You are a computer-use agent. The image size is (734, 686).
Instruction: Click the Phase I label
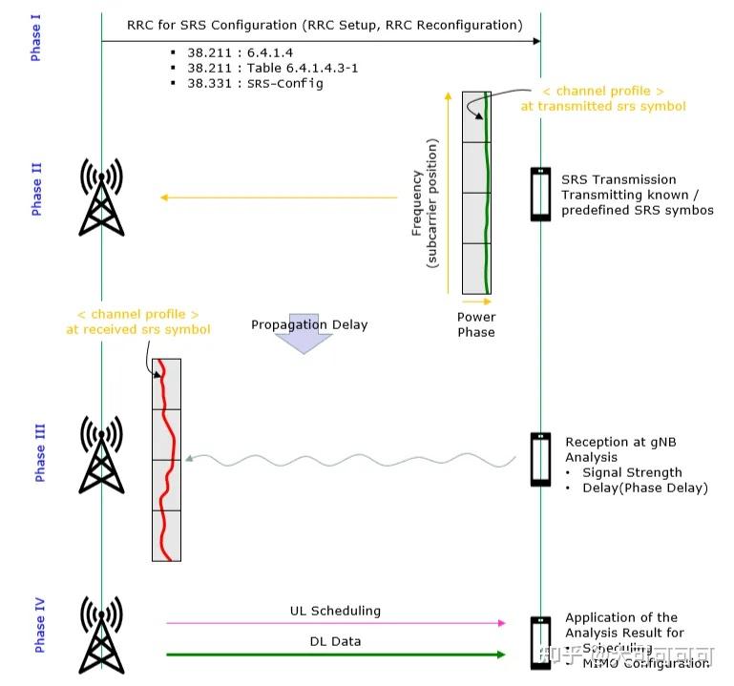coord(36,39)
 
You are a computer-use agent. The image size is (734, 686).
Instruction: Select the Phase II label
coord(36,189)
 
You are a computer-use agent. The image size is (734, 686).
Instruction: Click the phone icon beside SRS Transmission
coord(540,194)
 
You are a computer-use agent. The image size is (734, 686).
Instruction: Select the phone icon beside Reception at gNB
coord(540,460)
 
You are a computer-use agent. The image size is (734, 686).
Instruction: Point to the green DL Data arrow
coord(335,655)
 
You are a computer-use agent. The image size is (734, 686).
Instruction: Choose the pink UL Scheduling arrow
coord(335,623)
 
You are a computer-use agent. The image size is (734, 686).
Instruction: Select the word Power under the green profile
coord(475,317)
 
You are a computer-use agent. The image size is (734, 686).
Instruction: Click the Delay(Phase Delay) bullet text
coord(644,488)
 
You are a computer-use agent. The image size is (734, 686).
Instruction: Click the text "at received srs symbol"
coord(138,329)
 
